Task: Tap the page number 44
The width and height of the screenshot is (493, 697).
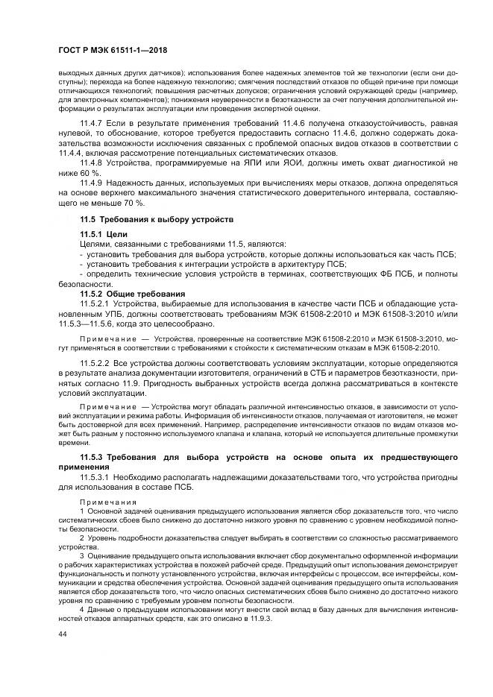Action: click(62, 634)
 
